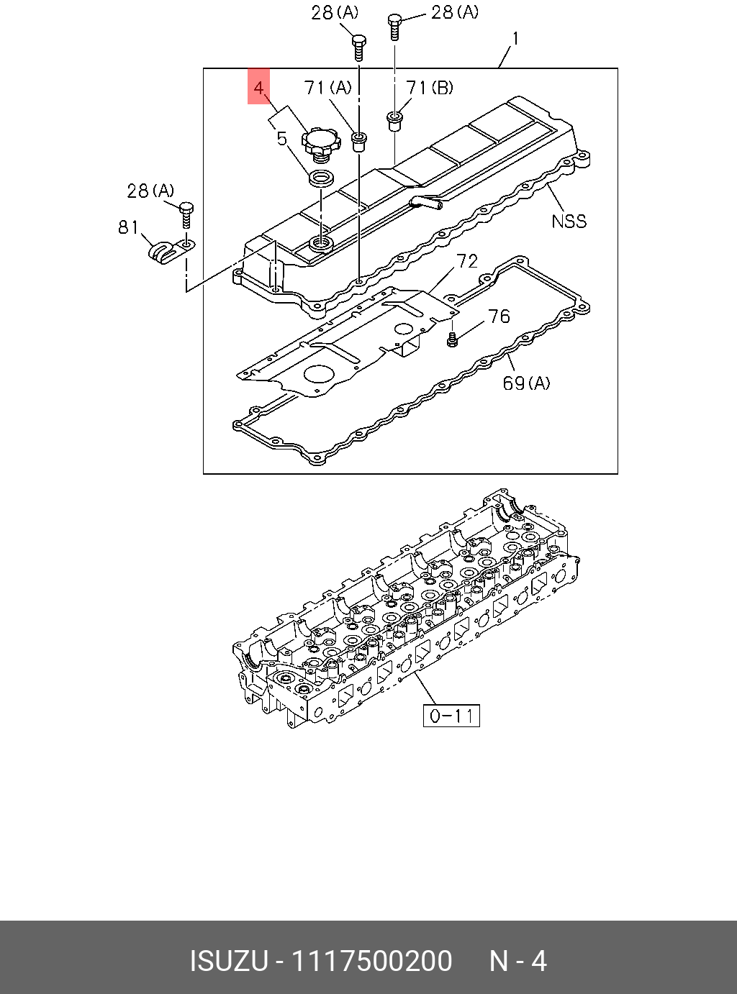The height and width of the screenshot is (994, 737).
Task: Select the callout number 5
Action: point(282,138)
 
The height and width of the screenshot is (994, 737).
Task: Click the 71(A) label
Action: point(328,88)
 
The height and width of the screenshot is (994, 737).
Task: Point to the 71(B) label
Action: point(430,88)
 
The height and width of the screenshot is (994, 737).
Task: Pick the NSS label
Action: point(569,221)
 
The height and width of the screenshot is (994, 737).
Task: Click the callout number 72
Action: point(467,261)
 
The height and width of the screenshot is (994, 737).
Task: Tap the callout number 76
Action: point(499,316)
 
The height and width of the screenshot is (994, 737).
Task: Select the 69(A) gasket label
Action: point(526,383)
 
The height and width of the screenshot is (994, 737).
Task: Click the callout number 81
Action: point(128,228)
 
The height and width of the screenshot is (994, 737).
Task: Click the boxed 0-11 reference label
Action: point(451,716)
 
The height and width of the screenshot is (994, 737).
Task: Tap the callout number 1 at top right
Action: point(515,38)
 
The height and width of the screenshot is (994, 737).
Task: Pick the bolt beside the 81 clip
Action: point(186,215)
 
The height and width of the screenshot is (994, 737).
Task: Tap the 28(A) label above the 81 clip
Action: point(150,191)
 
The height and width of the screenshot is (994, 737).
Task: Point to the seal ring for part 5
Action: point(321,178)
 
